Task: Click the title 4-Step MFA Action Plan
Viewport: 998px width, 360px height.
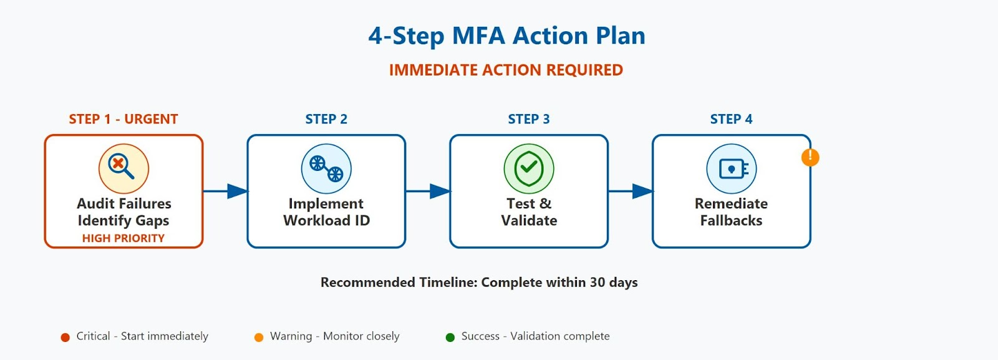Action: (506, 36)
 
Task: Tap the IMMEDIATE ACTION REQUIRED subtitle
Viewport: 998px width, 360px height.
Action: (506, 70)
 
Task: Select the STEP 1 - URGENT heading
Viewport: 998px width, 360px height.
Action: (124, 119)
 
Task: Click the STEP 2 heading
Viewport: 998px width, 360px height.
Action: (326, 119)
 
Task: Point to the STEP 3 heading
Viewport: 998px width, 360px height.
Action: (529, 119)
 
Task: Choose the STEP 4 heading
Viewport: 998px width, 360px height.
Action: (731, 119)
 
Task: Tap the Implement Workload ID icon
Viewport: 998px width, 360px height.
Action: (326, 168)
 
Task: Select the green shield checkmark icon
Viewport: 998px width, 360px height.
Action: (529, 168)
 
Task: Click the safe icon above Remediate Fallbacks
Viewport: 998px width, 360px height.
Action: (731, 168)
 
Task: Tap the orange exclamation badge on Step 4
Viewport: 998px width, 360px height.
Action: (810, 157)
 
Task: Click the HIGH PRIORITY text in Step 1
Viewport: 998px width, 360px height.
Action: (124, 238)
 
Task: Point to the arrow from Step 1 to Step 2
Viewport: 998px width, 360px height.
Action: (225, 191)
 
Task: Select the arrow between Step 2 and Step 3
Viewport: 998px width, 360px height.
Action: (428, 191)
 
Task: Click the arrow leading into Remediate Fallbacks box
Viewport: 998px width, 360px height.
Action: (630, 191)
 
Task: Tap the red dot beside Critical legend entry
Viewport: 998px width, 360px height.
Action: (65, 338)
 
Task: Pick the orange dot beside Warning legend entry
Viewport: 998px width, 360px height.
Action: (259, 338)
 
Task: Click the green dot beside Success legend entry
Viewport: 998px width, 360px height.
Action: (450, 338)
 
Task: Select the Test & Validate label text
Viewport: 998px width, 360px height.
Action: (529, 212)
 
